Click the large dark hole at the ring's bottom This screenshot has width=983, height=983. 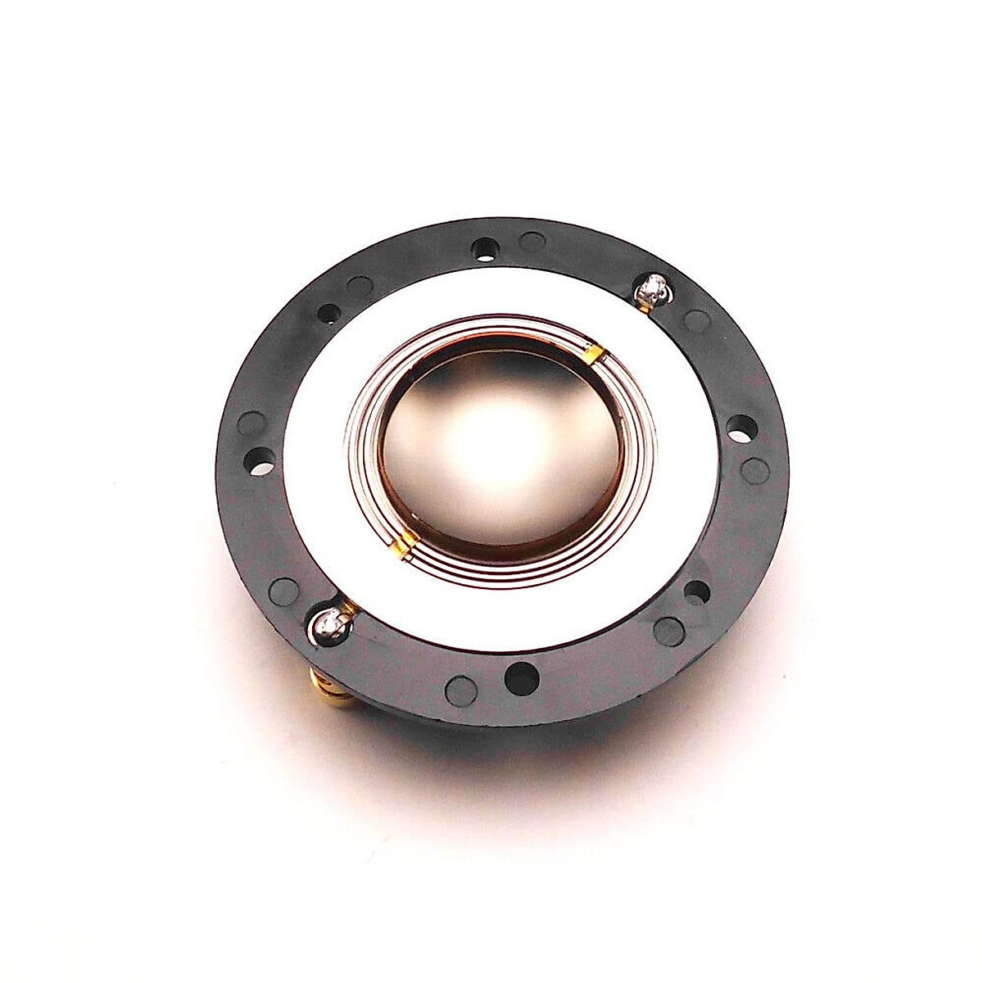(519, 677)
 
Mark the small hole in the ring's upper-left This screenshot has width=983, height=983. (333, 311)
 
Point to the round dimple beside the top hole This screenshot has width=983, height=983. (534, 242)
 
